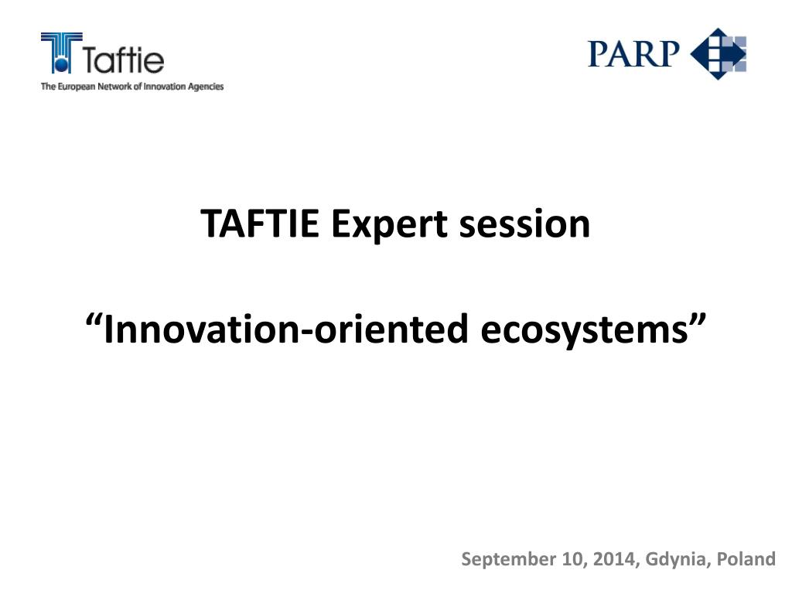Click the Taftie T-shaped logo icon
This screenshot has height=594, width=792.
click(62, 53)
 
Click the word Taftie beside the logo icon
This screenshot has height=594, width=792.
click(123, 60)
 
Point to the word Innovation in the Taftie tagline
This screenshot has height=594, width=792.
click(165, 87)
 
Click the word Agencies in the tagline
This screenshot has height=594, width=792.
click(206, 87)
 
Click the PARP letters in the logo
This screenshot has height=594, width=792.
click(633, 54)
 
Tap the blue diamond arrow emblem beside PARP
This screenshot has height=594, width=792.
click(719, 53)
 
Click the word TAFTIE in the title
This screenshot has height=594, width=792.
click(260, 224)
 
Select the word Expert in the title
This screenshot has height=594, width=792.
click(389, 225)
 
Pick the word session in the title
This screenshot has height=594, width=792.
click(524, 224)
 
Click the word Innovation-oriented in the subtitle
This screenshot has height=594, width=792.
click(285, 329)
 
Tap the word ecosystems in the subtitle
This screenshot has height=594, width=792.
click(585, 331)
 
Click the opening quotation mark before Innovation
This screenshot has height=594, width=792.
click(94, 320)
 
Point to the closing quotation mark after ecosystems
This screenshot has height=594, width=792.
click(698, 319)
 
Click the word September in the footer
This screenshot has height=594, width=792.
click(508, 560)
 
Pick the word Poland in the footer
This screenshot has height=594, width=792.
click(746, 558)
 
